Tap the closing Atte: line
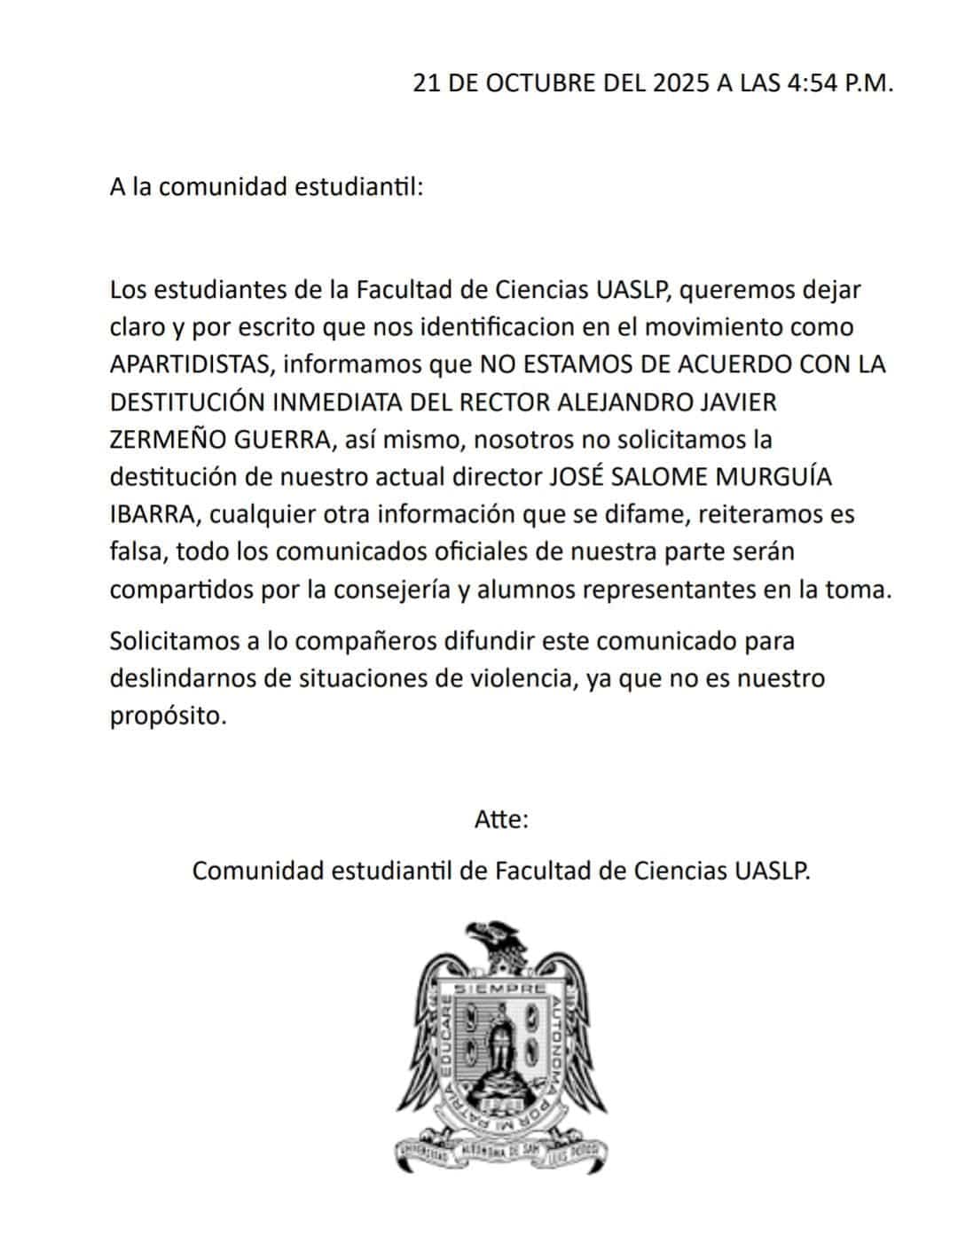coord(501,819)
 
